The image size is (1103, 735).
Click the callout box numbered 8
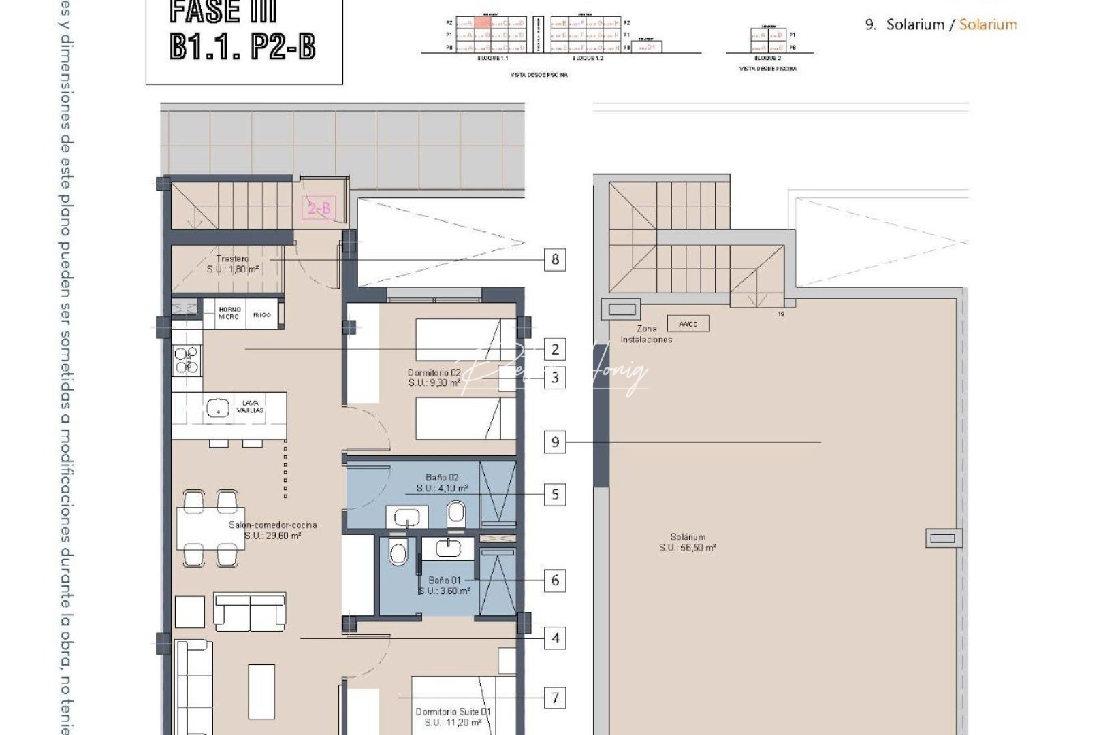(556, 259)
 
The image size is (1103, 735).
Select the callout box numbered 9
(556, 442)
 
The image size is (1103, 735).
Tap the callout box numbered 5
(556, 494)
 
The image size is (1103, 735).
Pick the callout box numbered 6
(556, 581)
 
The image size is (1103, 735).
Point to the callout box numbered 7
(556, 698)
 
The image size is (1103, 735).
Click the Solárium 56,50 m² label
(688, 542)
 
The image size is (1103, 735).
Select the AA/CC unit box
(688, 324)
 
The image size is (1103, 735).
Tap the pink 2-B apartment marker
(319, 208)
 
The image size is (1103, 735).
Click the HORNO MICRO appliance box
(229, 314)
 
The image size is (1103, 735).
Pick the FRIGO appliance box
(262, 314)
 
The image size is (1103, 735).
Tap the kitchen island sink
(217, 409)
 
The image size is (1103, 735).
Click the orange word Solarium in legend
(988, 24)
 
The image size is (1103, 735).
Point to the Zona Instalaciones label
(645, 334)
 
